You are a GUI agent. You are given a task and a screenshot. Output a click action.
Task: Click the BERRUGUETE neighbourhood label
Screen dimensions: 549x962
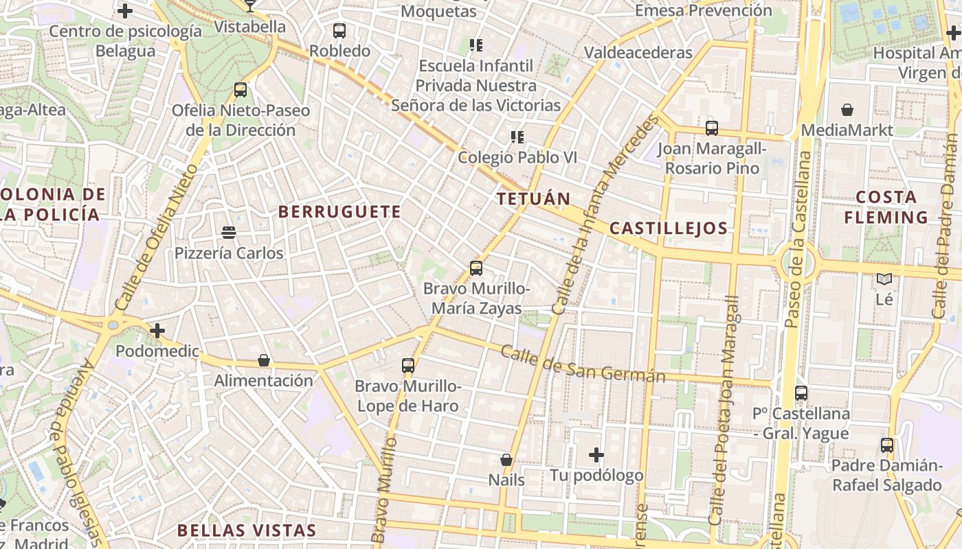pyautogui.click(x=339, y=212)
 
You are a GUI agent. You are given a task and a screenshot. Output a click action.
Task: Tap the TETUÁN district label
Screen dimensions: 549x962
pyautogui.click(x=533, y=199)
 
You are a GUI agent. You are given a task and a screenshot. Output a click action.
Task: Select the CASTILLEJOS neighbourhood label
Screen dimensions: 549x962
pyautogui.click(x=668, y=229)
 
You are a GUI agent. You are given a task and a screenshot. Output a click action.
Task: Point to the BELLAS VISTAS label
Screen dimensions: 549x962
pyautogui.click(x=247, y=530)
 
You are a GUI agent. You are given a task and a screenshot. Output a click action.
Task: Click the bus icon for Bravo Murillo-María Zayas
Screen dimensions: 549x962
pyautogui.click(x=476, y=268)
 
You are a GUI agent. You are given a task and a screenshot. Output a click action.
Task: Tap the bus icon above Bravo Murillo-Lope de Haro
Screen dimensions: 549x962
pyautogui.click(x=408, y=366)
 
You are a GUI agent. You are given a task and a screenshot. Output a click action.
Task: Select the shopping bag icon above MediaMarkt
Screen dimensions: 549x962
pyautogui.click(x=847, y=110)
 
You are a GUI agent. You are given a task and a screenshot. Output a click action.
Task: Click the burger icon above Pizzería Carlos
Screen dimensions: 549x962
pyautogui.click(x=229, y=233)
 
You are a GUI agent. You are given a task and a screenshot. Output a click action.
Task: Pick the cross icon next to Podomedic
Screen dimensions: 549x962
pyautogui.click(x=157, y=331)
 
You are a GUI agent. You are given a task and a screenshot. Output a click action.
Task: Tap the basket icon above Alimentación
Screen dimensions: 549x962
pyautogui.click(x=263, y=360)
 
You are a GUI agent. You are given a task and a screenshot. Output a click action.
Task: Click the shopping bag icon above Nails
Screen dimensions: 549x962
pyautogui.click(x=506, y=460)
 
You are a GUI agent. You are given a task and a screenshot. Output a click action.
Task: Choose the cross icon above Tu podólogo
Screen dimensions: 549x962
pyautogui.click(x=596, y=455)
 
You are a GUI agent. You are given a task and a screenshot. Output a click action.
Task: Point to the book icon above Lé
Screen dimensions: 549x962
pyautogui.click(x=884, y=279)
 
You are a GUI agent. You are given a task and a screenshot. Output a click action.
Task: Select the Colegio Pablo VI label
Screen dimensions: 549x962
pyautogui.click(x=517, y=157)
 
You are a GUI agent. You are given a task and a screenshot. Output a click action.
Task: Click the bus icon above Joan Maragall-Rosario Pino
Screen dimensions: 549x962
pyautogui.click(x=712, y=128)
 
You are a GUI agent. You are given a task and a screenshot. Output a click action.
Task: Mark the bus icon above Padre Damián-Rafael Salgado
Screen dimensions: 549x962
pyautogui.click(x=887, y=445)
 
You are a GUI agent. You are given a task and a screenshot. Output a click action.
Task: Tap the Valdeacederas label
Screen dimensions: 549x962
pyautogui.click(x=638, y=52)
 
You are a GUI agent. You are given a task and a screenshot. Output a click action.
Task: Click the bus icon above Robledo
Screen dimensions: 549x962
pyautogui.click(x=339, y=31)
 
